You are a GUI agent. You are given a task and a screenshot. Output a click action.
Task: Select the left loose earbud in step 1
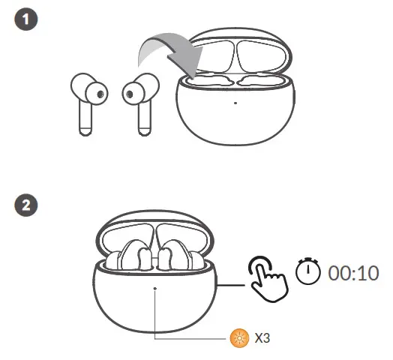coord(85,101)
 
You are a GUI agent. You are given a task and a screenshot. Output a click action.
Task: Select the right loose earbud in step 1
coord(139,101)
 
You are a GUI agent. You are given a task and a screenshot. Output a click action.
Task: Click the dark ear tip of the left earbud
coord(99,93)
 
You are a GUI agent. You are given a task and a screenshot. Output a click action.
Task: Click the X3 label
coord(262,338)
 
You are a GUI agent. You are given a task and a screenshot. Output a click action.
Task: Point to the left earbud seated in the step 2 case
coord(133,255)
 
